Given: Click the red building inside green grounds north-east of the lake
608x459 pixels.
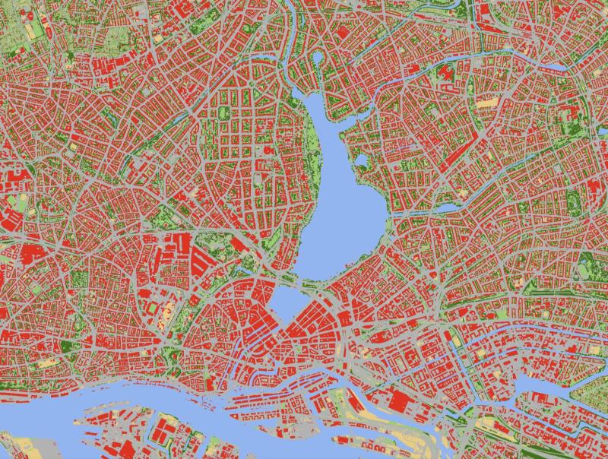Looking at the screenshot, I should coord(445,74).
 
